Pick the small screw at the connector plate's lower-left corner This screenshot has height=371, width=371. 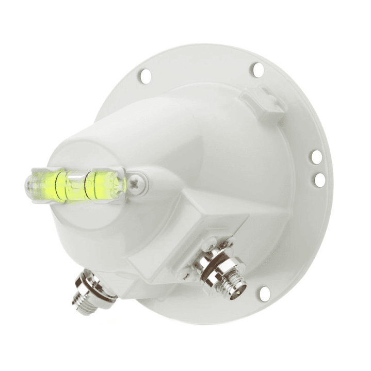pyautogui.click(x=184, y=276)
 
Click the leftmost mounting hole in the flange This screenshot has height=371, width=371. pyautogui.click(x=145, y=76)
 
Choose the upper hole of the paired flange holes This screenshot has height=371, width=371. pyautogui.click(x=316, y=156)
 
